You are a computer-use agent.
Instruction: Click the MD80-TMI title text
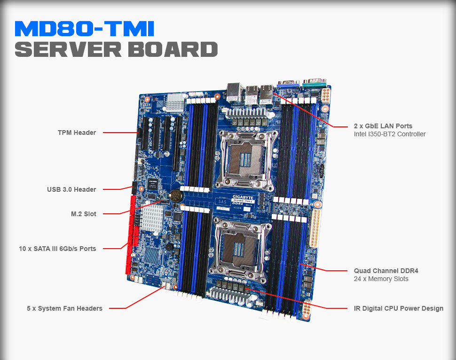[x=85, y=29]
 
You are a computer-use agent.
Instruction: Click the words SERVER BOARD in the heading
[x=116, y=49]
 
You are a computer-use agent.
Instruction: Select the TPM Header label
[x=77, y=133]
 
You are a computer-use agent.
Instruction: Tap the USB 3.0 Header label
[x=71, y=189]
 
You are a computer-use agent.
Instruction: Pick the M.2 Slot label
[x=83, y=214]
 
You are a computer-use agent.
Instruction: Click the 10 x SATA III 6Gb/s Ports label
[x=57, y=248]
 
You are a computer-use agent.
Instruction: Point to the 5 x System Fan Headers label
[x=64, y=308]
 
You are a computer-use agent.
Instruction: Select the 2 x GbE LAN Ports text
[x=383, y=126]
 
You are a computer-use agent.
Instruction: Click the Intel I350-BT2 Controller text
[x=390, y=134]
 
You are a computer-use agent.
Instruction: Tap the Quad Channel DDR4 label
[x=386, y=271]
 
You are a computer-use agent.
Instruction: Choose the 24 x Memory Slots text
[x=381, y=279]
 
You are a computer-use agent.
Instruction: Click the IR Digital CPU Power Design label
[x=398, y=308]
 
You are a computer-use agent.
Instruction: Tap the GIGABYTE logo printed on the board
[x=243, y=198]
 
